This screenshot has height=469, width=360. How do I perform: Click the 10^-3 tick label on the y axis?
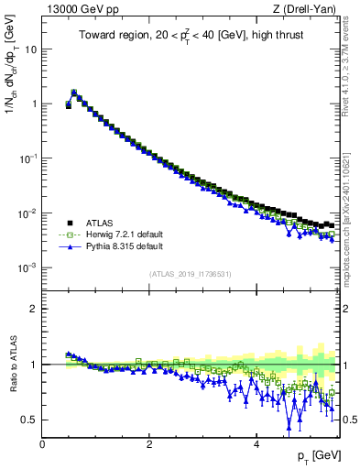point(27,267)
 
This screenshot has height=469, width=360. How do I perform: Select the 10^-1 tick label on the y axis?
point(27,158)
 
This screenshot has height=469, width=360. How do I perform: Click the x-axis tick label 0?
point(42,444)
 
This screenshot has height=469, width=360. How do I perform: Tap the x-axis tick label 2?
point(149,444)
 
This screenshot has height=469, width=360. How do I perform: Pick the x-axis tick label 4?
point(256,444)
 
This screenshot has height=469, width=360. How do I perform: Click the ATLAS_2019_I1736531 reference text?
point(191,274)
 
